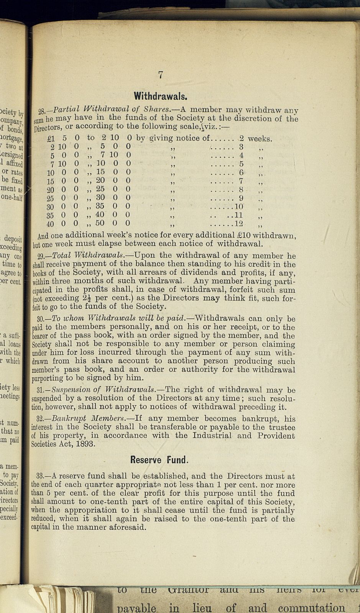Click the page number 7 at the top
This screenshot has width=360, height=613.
pyautogui.click(x=161, y=75)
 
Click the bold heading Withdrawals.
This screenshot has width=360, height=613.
pyautogui.click(x=160, y=95)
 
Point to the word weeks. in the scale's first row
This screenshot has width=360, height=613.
pyautogui.click(x=260, y=138)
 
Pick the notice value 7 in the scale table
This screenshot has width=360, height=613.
pyautogui.click(x=241, y=181)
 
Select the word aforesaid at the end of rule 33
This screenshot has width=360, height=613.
pyautogui.click(x=129, y=527)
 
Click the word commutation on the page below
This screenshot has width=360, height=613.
pyautogui.click(x=311, y=608)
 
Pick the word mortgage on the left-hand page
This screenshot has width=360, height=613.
pyautogui.click(x=12, y=139)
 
